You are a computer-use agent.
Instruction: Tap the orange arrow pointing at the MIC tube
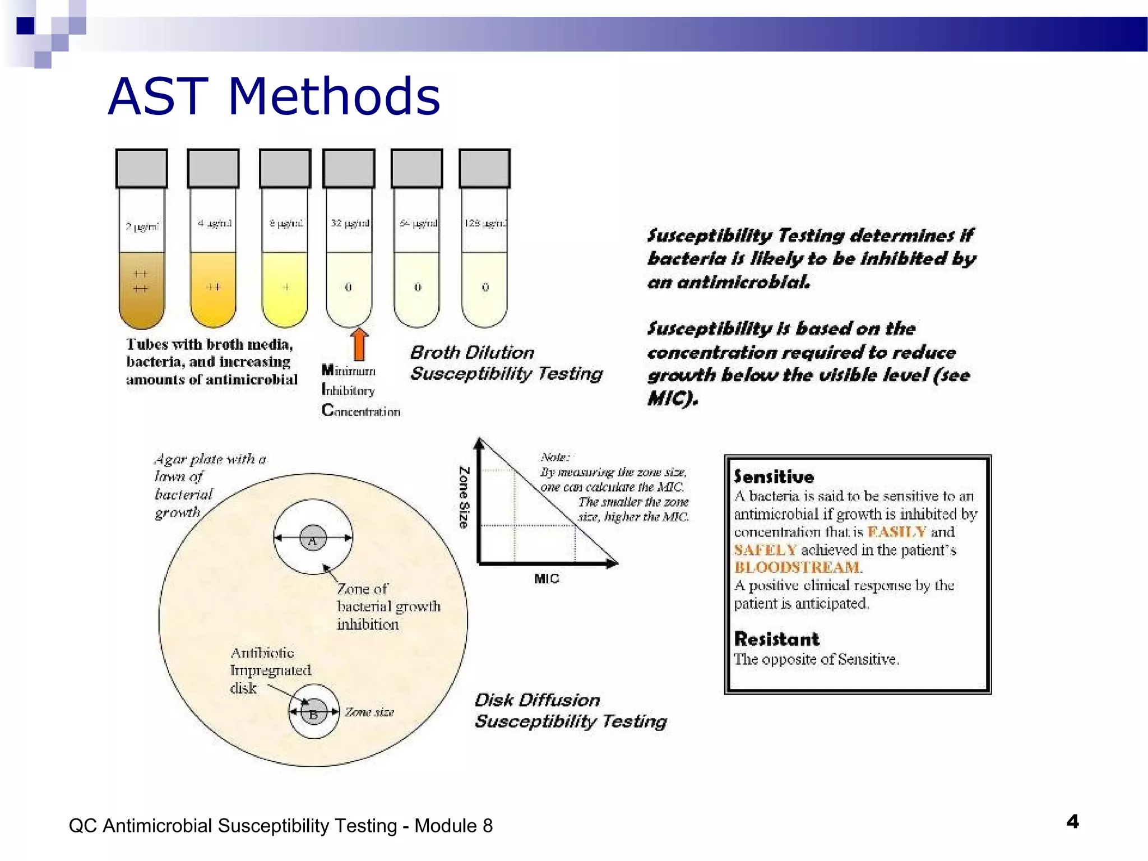359,344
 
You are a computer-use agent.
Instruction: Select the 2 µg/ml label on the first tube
142,226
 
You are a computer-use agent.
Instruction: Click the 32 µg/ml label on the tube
350,223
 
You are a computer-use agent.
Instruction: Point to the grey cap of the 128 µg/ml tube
484,168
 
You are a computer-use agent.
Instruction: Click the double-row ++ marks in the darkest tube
140,281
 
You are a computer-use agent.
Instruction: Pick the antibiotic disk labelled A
313,539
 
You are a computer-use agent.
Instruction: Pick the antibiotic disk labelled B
314,712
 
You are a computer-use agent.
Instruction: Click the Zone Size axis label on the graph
464,497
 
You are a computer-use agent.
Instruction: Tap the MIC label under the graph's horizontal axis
547,578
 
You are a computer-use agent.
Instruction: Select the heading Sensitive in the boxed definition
774,477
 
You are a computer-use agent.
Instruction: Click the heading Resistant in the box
776,639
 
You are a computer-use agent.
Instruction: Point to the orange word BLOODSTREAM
797,567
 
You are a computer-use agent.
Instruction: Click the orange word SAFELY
765,550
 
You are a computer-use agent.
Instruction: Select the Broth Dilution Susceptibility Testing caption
506,363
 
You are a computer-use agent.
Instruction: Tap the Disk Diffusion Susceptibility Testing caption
571,711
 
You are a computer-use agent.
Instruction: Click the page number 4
1072,822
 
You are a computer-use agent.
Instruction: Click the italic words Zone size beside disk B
369,712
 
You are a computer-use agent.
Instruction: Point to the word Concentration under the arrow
362,411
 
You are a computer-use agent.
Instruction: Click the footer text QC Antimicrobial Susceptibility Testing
280,826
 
